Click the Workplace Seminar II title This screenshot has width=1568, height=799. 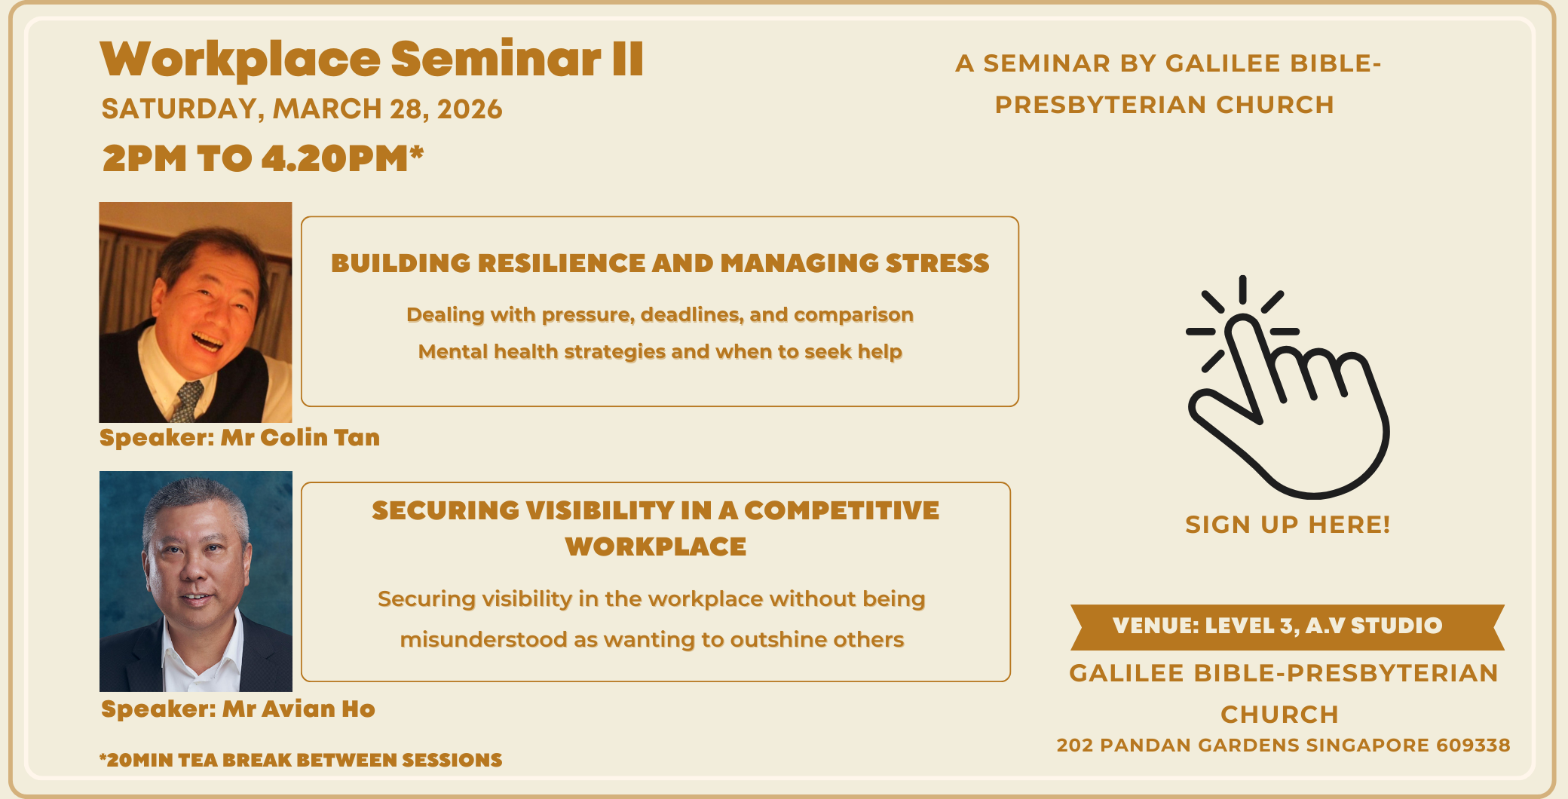pos(372,59)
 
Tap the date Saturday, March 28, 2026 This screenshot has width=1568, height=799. pos(302,109)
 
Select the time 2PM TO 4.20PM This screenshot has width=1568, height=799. pos(263,158)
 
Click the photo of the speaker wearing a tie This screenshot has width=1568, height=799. pos(195,312)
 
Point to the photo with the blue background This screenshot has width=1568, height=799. pos(196,581)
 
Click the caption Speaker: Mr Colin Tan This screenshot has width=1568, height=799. pos(240,437)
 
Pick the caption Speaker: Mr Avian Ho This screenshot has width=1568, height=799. pos(238,709)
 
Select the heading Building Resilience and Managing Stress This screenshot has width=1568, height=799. pos(660,263)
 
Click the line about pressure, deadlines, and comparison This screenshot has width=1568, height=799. pos(660,314)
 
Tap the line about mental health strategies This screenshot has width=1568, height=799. pos(660,351)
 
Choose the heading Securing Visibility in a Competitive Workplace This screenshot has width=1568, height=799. pos(656,528)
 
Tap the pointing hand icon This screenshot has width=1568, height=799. pos(1288,387)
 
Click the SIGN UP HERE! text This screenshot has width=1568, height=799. pos(1288,525)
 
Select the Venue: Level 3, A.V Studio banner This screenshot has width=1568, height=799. pos(1288,626)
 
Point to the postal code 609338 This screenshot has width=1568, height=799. pos(1473,745)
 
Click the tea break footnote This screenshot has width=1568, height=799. pos(301,760)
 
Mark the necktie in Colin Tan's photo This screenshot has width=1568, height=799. pos(187,401)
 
